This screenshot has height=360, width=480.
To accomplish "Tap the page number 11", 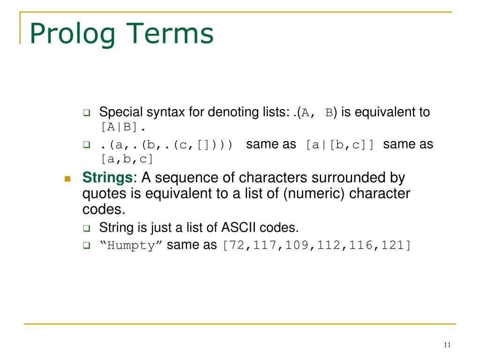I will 446,345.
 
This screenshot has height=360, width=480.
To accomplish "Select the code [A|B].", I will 123,127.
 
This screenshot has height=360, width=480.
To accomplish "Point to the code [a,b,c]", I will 127,159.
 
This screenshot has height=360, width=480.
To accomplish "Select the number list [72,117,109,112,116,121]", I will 316,245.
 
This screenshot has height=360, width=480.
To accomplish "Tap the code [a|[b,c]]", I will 340,145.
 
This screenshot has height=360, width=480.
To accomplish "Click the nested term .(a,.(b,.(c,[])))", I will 166,145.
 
